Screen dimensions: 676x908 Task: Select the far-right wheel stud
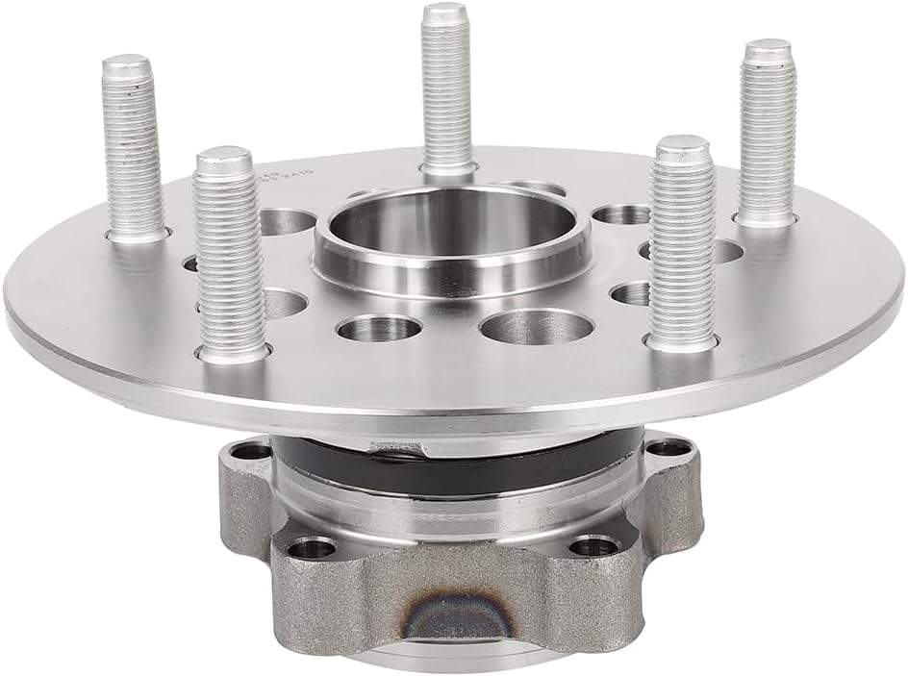[x=767, y=135]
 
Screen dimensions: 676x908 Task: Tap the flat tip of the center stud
[x=446, y=13]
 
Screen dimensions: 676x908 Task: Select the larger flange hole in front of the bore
[x=536, y=327]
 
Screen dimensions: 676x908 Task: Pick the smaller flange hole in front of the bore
[x=380, y=329]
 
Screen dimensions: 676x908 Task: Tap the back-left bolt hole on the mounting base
[x=252, y=450]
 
